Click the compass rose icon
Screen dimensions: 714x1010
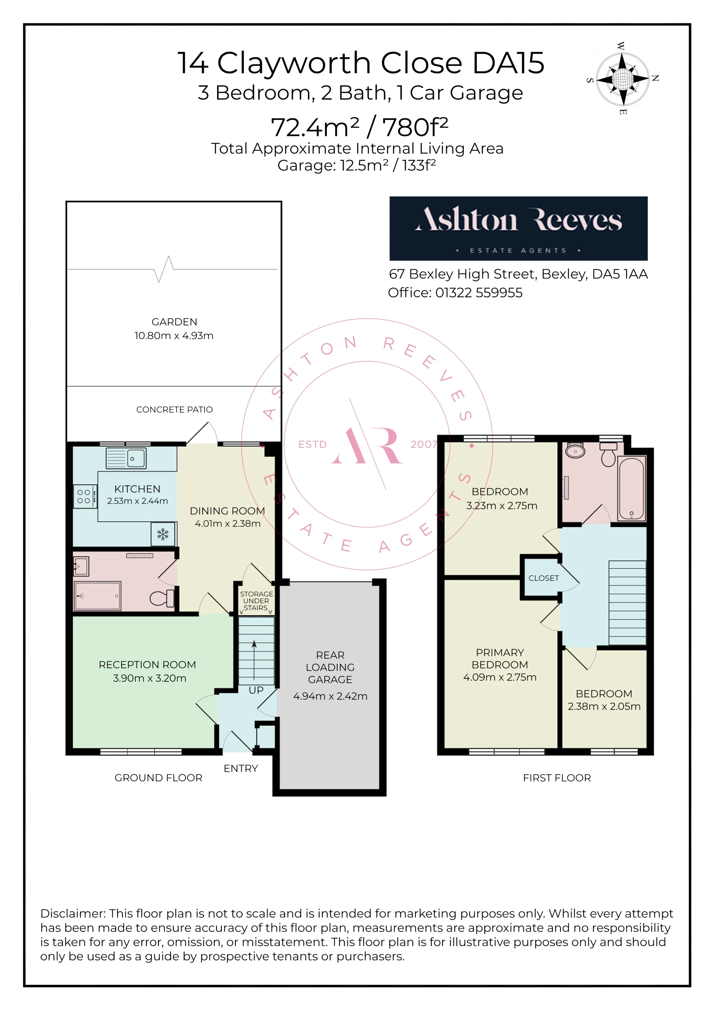pyautogui.click(x=622, y=79)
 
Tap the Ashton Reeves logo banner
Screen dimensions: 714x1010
pyautogui.click(x=518, y=228)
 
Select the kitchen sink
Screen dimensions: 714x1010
pyautogui.click(x=126, y=458)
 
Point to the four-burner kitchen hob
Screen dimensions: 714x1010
pyautogui.click(x=85, y=497)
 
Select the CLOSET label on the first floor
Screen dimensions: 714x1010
pyautogui.click(x=543, y=578)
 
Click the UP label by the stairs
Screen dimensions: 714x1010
pyautogui.click(x=256, y=690)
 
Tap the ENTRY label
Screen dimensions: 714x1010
pyautogui.click(x=241, y=769)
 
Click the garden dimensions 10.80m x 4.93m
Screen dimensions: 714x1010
pyautogui.click(x=174, y=336)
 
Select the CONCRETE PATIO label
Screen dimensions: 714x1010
pyautogui.click(x=174, y=410)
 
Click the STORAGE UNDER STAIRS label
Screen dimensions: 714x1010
pyautogui.click(x=256, y=601)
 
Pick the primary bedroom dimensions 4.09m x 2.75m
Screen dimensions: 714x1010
pyautogui.click(x=500, y=677)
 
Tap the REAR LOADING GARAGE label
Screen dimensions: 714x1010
pyautogui.click(x=330, y=667)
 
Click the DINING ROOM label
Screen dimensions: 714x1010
pyautogui.click(x=227, y=511)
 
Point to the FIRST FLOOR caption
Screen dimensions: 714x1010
pyautogui.click(x=557, y=778)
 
